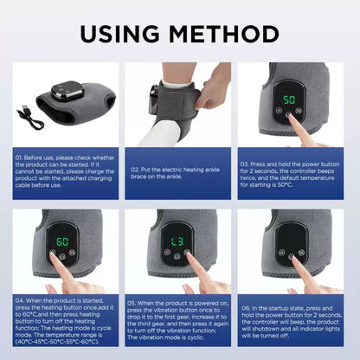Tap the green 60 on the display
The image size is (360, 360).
tap(62, 240)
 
